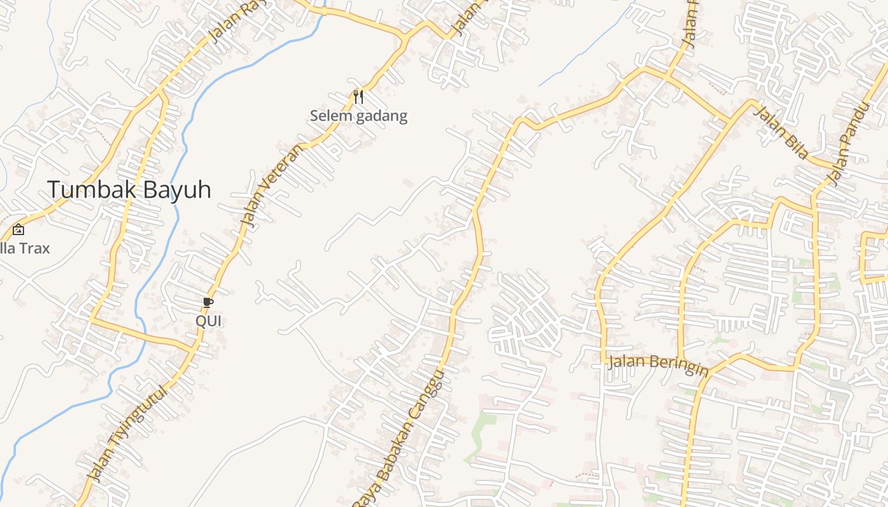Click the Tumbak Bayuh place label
click(x=129, y=189)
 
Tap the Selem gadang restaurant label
click(x=358, y=116)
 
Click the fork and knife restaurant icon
click(x=358, y=97)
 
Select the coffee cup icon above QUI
click(x=208, y=302)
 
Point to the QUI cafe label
click(x=208, y=321)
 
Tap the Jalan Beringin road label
click(x=658, y=364)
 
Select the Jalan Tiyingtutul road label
click(x=129, y=433)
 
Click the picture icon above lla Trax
click(x=18, y=230)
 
